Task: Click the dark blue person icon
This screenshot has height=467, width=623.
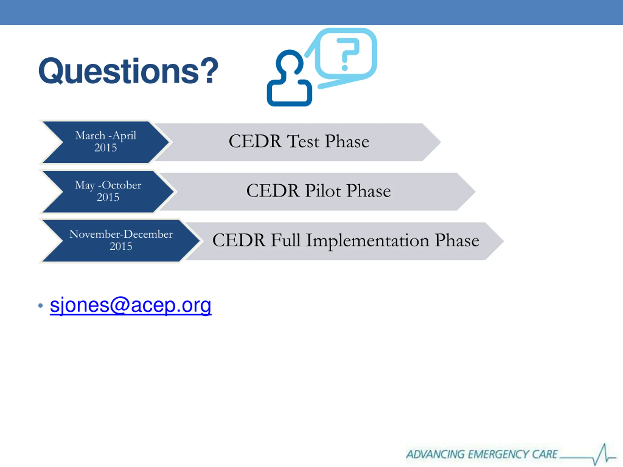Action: point(289,78)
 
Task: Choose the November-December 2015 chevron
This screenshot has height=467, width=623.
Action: point(120,241)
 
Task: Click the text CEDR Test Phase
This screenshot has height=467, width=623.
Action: point(299,141)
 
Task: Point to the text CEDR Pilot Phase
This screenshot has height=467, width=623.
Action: point(319,191)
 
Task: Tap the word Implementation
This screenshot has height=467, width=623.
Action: point(367,241)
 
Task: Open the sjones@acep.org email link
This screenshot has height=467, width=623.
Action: point(131,305)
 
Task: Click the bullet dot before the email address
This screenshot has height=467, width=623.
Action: point(41,305)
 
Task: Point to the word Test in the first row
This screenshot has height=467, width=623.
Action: point(303,141)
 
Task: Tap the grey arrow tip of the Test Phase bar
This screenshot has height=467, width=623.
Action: point(440,142)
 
